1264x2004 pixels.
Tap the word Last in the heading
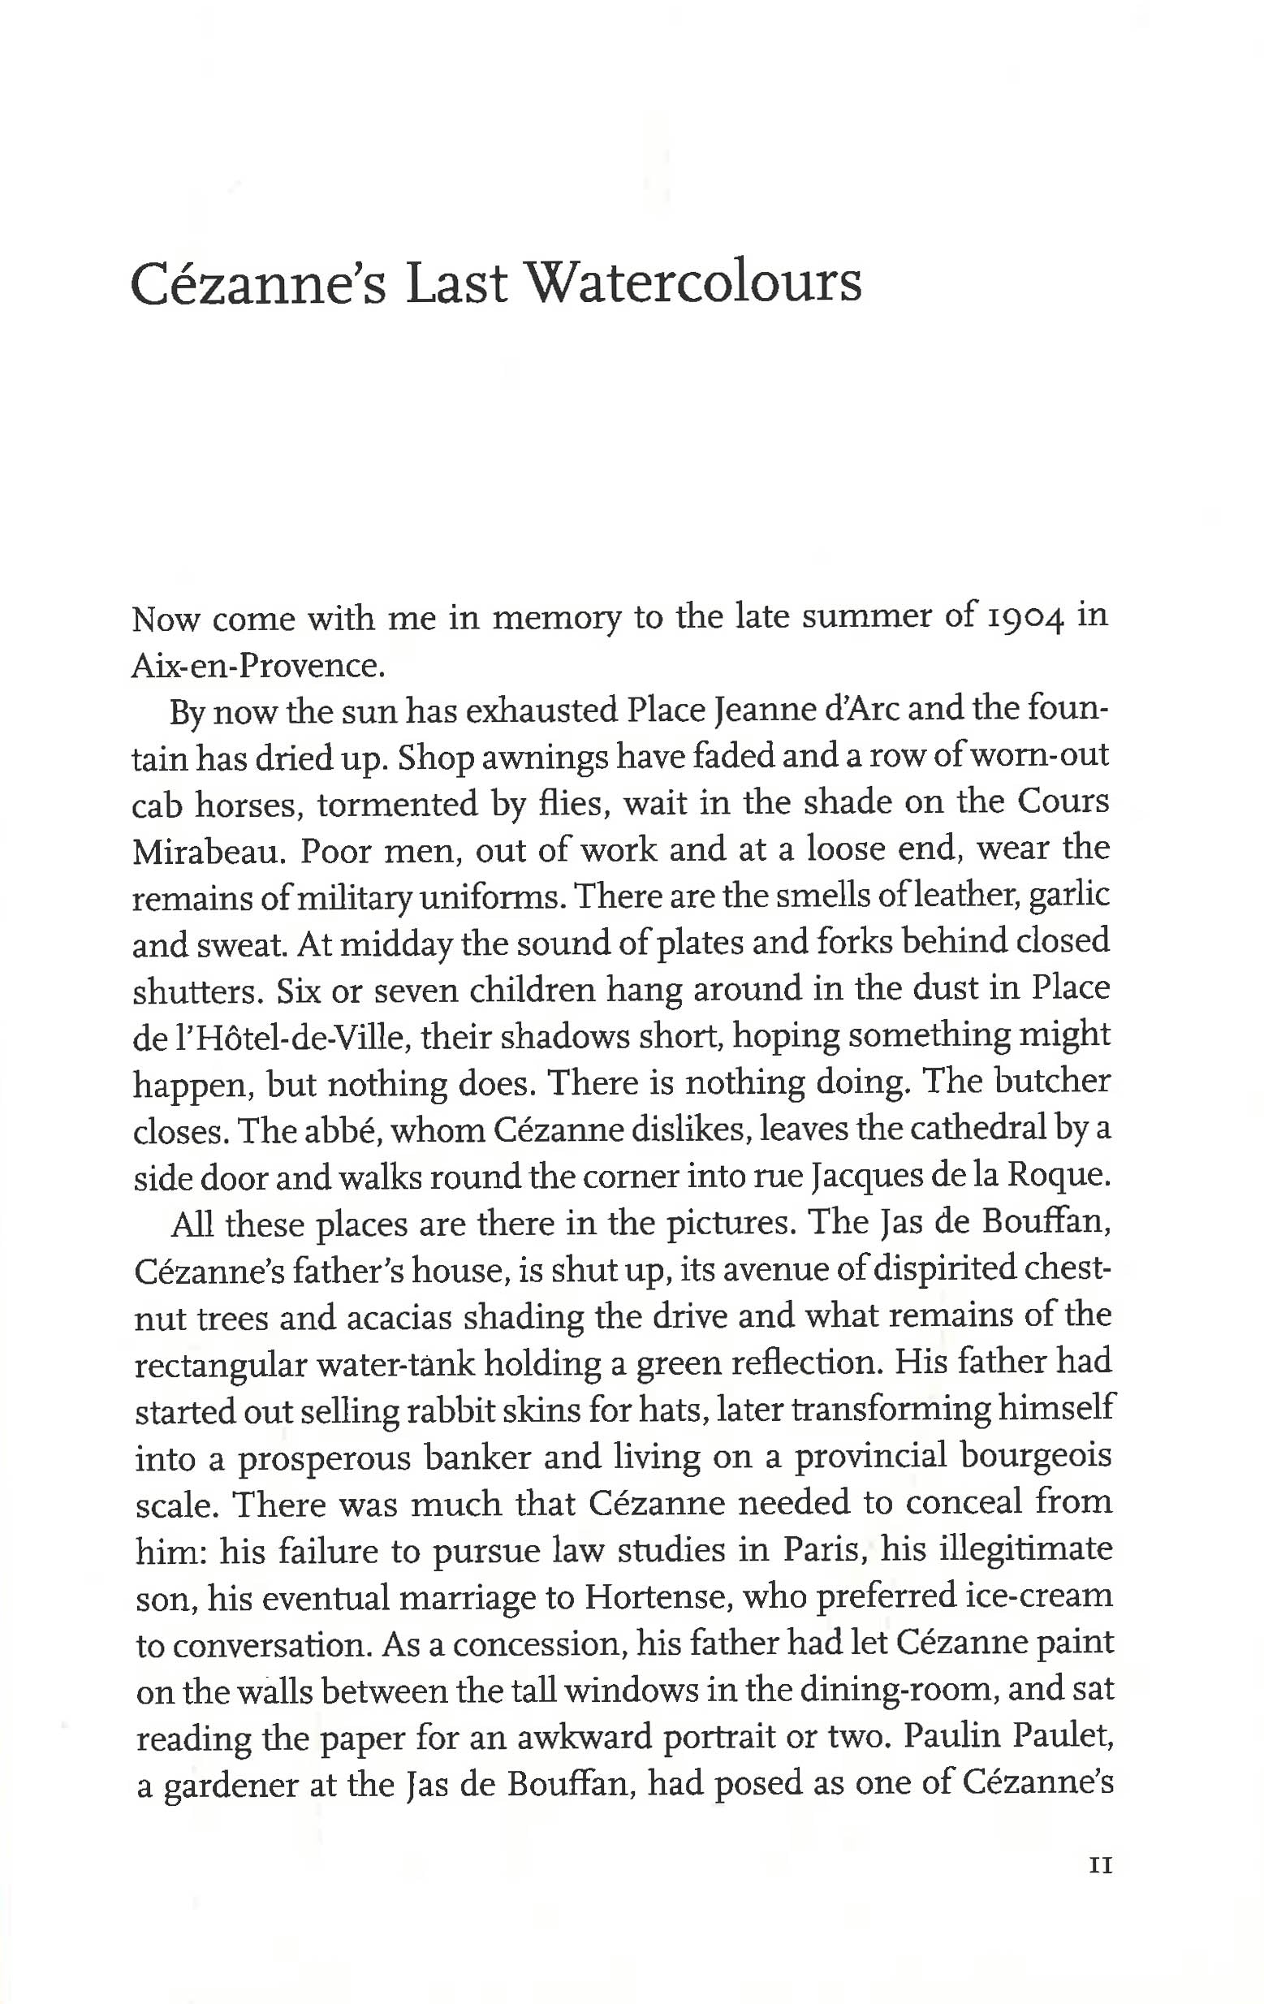pos(455,282)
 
